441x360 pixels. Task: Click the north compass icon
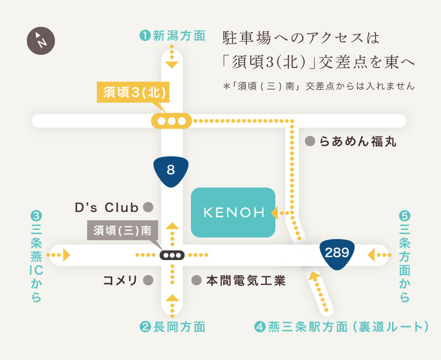[x=41, y=41]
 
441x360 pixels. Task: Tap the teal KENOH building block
[x=233, y=212]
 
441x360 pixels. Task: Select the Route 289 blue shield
[x=337, y=254]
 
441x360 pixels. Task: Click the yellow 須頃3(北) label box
[x=133, y=92]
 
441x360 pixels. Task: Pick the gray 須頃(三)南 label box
[x=123, y=230]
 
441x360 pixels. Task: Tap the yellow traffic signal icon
[x=172, y=121]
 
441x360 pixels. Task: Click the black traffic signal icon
[x=172, y=255]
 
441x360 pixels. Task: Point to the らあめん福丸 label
[x=358, y=141]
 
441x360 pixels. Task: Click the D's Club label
[x=106, y=208]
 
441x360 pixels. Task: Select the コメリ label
[x=120, y=280]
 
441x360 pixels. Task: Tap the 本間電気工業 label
[x=246, y=280]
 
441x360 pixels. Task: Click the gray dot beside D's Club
[x=148, y=207]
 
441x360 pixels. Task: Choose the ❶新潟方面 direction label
[x=173, y=36]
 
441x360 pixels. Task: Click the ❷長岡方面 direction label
[x=173, y=327]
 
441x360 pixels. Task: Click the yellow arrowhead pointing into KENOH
[x=274, y=213]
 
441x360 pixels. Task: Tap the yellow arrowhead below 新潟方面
[x=172, y=64]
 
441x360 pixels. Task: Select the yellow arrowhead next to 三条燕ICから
[x=66, y=255]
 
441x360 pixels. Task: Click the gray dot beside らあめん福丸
[x=310, y=141]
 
